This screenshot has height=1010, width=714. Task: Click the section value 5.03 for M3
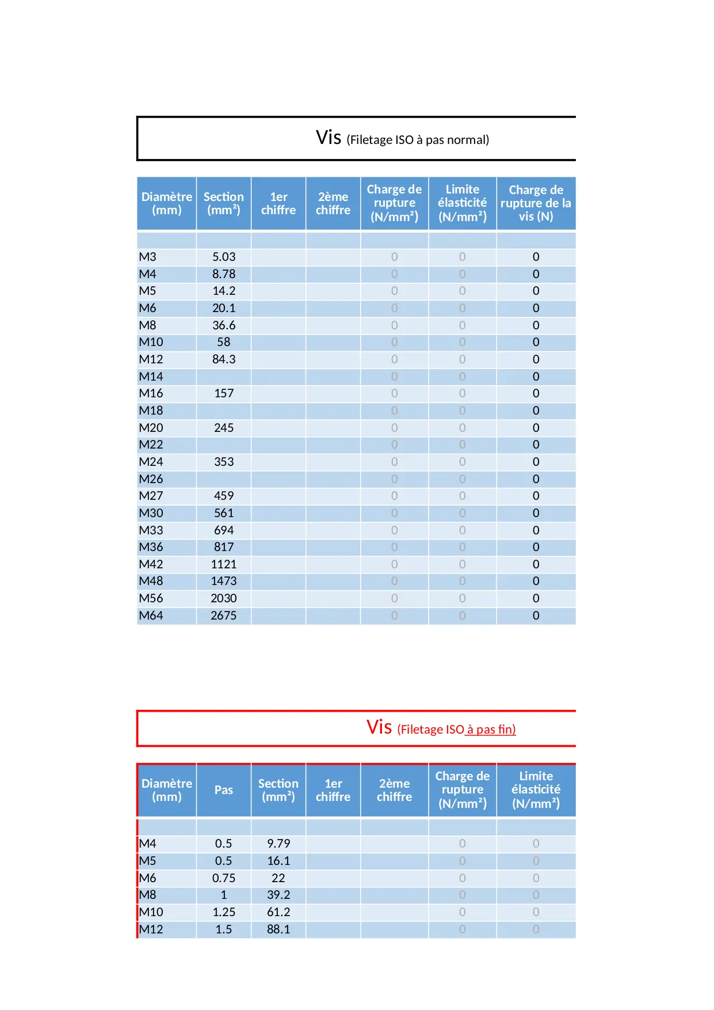(224, 257)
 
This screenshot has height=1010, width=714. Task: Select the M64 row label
(151, 616)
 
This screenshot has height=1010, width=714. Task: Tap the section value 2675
(224, 616)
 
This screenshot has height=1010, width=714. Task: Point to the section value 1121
(224, 564)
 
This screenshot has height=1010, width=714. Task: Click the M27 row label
(151, 496)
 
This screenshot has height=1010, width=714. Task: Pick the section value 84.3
(224, 359)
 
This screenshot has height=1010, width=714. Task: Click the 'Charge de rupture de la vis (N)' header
(536, 203)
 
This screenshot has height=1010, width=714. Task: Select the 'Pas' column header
(224, 790)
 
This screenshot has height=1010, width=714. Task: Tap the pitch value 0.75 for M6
(224, 878)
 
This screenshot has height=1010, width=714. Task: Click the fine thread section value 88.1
(278, 929)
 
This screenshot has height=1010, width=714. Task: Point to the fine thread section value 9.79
(278, 844)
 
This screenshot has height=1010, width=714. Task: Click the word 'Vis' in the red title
(379, 727)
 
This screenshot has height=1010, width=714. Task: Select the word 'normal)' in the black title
(470, 140)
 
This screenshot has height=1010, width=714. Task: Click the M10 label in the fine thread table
(151, 912)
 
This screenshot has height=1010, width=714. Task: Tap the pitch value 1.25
(224, 912)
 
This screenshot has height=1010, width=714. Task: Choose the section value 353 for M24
(224, 462)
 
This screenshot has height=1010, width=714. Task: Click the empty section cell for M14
(224, 377)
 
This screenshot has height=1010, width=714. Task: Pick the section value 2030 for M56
(224, 598)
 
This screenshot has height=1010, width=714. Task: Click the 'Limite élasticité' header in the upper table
(462, 203)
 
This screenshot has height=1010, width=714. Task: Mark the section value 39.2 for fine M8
(278, 895)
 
